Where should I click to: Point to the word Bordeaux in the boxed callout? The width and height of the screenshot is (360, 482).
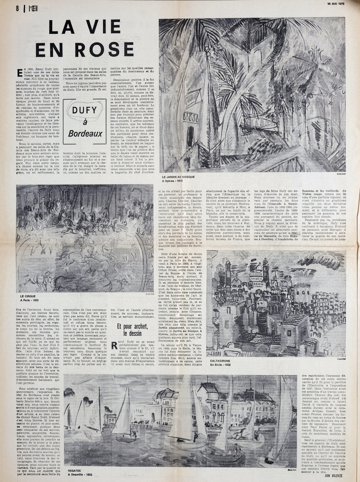click(85, 133)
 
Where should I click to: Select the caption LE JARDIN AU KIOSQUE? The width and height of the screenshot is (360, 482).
click(178, 177)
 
